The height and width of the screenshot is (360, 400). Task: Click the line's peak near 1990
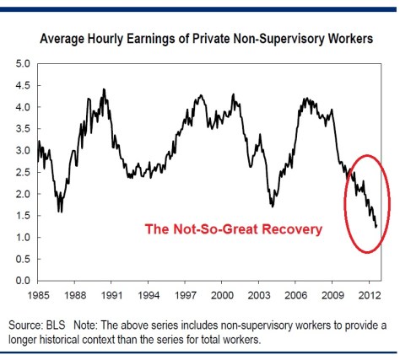104,89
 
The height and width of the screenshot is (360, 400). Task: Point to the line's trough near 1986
59,211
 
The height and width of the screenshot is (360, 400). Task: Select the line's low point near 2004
272,206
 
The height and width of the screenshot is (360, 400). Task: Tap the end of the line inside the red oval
376,226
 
